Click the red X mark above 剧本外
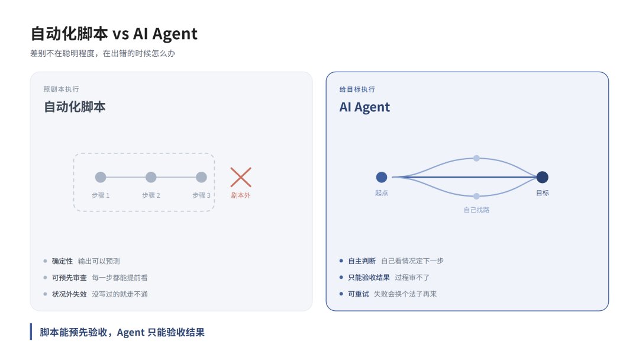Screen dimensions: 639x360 click(x=241, y=178)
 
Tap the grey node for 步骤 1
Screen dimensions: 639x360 click(x=101, y=178)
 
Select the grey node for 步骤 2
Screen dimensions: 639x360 click(x=151, y=178)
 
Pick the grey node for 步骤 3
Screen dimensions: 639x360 click(x=201, y=178)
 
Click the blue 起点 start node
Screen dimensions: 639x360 click(x=382, y=178)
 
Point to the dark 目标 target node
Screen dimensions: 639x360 click(x=542, y=178)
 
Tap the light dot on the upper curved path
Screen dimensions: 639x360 click(x=476, y=158)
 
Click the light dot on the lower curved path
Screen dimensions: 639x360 click(x=476, y=197)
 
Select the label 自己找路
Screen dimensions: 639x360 click(x=476, y=210)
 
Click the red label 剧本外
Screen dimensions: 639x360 click(x=241, y=195)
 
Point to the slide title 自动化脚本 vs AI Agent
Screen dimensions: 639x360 click(x=114, y=34)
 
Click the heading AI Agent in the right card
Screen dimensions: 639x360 click(x=364, y=107)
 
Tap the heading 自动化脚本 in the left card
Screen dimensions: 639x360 click(x=75, y=107)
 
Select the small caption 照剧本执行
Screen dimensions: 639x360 click(x=61, y=89)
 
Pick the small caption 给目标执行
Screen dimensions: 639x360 click(x=357, y=89)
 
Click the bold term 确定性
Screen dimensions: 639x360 click(x=62, y=261)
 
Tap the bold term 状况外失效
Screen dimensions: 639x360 click(x=69, y=294)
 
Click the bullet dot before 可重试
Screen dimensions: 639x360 click(x=341, y=294)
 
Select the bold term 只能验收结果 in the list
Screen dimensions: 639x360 click(x=369, y=278)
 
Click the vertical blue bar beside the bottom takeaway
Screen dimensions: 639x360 click(x=31, y=332)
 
